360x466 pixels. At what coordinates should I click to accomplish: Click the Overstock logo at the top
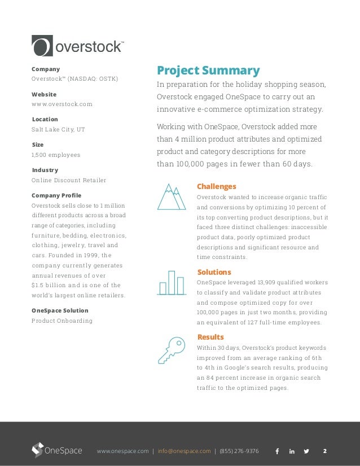[x=77, y=46]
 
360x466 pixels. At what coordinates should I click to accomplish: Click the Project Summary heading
[x=208, y=71]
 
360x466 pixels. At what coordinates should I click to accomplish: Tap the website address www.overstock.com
[x=62, y=104]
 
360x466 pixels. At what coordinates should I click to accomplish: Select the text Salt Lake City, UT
[x=58, y=129]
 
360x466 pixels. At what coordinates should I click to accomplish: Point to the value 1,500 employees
[x=56, y=155]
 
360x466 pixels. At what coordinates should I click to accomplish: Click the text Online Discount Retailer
[x=69, y=180]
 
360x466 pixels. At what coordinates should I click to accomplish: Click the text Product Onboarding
[x=62, y=321]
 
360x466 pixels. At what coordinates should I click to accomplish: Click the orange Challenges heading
[x=216, y=186]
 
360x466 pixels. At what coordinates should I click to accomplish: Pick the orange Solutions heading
[x=214, y=272]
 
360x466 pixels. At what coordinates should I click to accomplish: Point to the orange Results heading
[x=210, y=337]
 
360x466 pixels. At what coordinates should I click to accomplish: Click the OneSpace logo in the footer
[x=56, y=451]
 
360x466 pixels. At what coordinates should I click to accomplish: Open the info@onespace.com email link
[x=184, y=451]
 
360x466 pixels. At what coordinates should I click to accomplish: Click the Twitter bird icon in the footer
[x=306, y=451]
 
